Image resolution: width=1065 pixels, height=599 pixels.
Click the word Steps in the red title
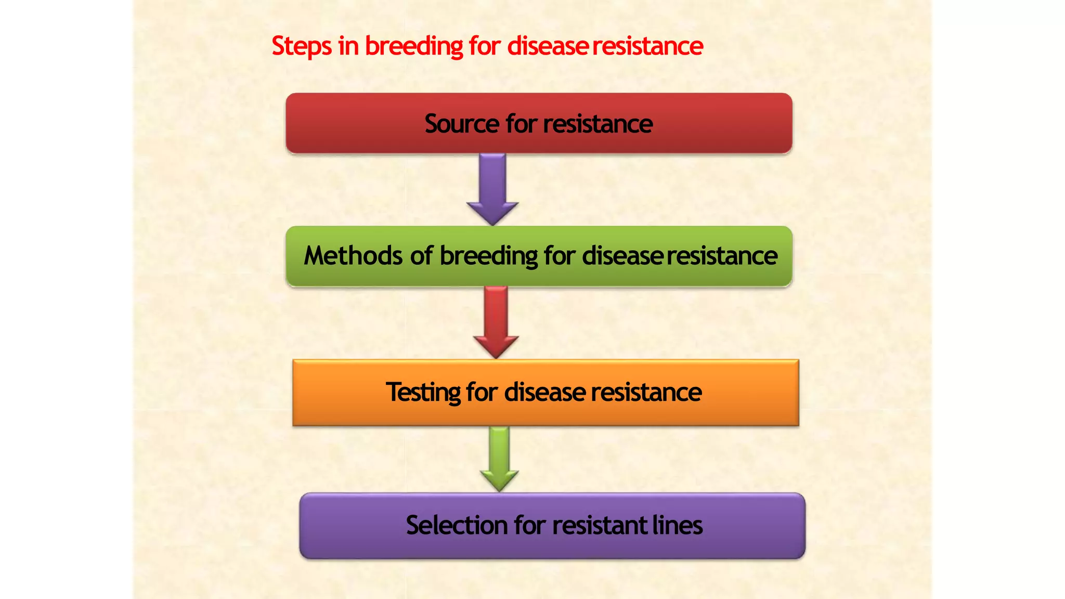[x=301, y=47]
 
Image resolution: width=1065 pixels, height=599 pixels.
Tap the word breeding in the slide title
[x=413, y=47]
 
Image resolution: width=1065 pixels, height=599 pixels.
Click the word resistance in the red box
[x=598, y=124]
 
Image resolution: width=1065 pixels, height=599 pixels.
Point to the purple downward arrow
[x=492, y=190]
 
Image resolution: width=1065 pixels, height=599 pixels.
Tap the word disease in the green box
[x=622, y=256]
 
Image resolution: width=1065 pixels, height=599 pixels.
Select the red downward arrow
[x=496, y=322]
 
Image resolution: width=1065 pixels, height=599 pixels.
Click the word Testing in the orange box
[x=423, y=393]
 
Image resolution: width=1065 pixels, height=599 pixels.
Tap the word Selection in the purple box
[x=457, y=525]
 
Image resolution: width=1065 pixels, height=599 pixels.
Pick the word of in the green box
[x=421, y=256]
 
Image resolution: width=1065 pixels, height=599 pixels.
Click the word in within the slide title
[x=348, y=46]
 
